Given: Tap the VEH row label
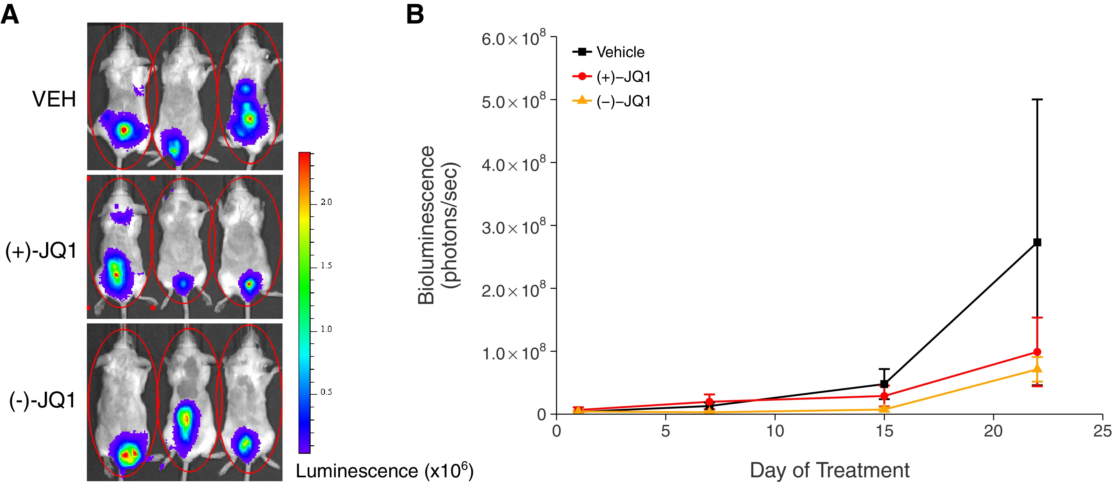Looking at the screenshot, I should click(x=54, y=99).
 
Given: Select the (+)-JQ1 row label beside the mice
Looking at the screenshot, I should click(x=41, y=251).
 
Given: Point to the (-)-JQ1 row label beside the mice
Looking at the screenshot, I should click(x=43, y=400).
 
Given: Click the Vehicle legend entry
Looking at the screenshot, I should click(x=620, y=52).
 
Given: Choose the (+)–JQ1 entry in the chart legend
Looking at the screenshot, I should click(x=623, y=77).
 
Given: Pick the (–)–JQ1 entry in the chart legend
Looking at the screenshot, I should click(x=623, y=101).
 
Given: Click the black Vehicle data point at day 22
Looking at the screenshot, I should click(x=1037, y=242).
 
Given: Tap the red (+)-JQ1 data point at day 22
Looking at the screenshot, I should click(x=1037, y=352).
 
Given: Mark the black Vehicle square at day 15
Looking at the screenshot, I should click(x=884, y=384).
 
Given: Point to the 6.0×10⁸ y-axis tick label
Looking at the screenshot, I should click(x=513, y=39).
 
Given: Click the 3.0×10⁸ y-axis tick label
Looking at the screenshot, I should click(x=513, y=227).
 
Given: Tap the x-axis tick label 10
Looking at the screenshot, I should click(x=775, y=431).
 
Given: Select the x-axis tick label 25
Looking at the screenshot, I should click(x=1102, y=431).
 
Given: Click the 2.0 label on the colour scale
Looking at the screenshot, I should click(x=326, y=202).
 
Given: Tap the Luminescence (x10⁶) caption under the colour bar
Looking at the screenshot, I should click(x=384, y=471).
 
